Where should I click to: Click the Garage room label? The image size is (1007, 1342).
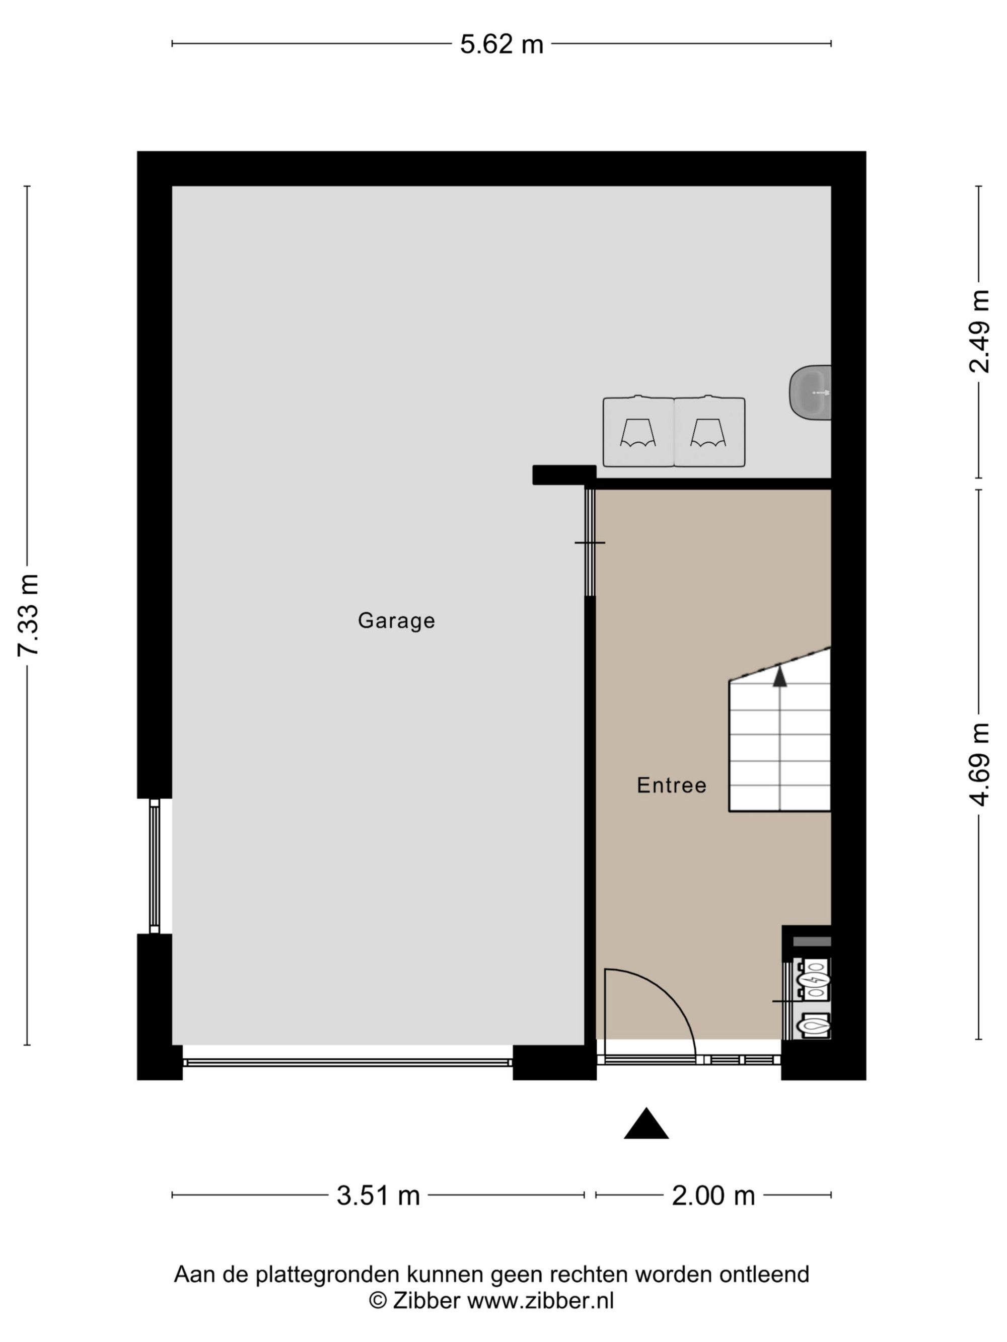click(x=396, y=620)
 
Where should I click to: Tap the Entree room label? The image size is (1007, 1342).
click(x=671, y=785)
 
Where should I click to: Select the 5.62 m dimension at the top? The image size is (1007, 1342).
click(x=501, y=44)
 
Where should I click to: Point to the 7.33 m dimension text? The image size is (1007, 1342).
click(x=28, y=614)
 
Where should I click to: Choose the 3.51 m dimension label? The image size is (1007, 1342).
click(x=378, y=1195)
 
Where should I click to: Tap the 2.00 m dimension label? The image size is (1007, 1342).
click(x=713, y=1195)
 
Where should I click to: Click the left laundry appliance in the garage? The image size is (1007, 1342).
click(x=638, y=431)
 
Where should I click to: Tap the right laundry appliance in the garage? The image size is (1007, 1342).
click(x=709, y=431)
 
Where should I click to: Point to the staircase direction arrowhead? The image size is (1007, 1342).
click(x=780, y=676)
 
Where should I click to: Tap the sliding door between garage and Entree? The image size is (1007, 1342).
click(x=590, y=542)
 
